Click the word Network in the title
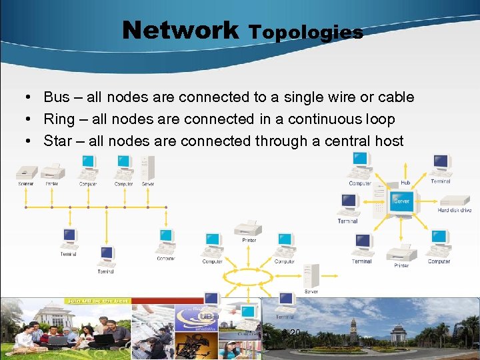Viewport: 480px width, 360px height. point(180,29)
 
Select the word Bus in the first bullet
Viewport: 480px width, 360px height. point(56,97)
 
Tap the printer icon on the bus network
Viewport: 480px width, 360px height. point(52,171)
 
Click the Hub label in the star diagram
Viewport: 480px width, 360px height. point(405,182)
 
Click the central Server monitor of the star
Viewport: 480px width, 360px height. point(401,199)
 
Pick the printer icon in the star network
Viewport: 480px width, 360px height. point(401,252)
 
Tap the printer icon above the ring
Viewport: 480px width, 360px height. point(249,228)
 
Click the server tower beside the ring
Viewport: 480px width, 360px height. point(311,275)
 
